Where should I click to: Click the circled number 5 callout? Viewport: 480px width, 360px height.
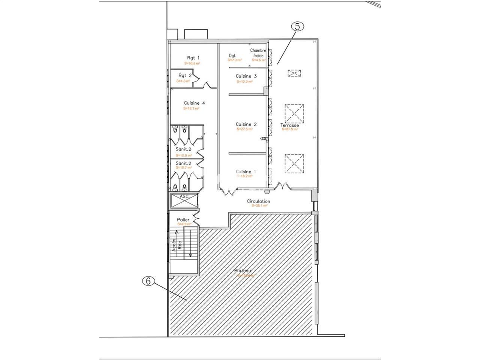297,27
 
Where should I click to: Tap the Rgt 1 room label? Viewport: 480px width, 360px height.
193,58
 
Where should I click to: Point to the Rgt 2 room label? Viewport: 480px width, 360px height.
185,75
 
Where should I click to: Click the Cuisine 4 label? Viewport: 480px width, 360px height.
194,103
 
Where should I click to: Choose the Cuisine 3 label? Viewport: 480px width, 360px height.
246,76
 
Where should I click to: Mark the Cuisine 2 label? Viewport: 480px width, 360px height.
246,124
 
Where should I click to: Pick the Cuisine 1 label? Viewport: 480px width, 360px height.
246,172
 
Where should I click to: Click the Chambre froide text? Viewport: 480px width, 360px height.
258,53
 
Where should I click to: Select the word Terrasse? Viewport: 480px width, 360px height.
289,125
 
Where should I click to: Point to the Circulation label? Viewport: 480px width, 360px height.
258,201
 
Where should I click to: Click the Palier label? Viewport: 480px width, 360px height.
183,220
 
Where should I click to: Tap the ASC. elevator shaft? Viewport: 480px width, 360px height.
183,200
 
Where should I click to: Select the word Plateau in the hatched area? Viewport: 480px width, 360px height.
243,271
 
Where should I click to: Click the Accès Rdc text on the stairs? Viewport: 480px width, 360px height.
177,244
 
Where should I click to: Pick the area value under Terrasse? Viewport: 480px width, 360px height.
290,129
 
